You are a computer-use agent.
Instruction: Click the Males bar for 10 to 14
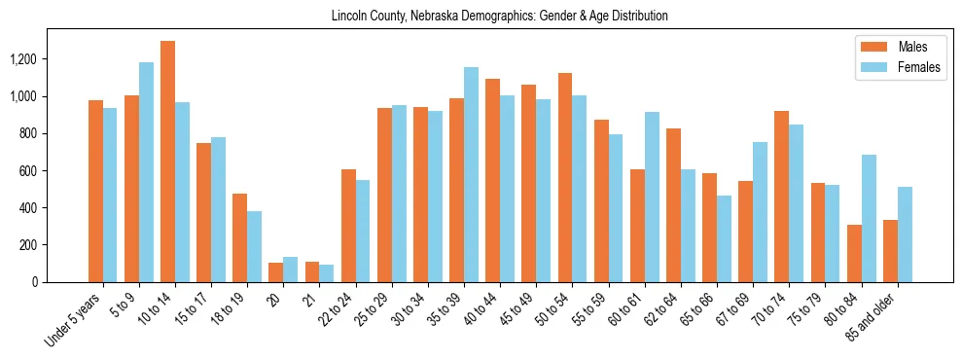tap(167, 162)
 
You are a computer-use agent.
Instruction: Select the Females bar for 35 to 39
tap(471, 174)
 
